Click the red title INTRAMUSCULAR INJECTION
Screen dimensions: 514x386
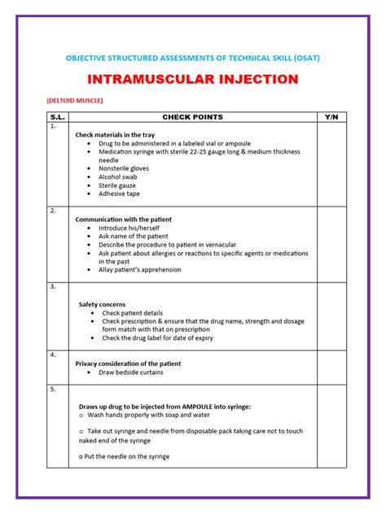click(192, 80)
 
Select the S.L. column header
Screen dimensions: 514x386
click(57, 118)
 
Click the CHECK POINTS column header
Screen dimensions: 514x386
click(192, 118)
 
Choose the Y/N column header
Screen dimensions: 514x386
click(330, 118)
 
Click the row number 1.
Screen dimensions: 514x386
click(53, 127)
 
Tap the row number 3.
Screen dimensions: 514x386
click(53, 287)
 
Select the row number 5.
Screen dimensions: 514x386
click(53, 390)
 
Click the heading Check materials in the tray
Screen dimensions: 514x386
click(115, 134)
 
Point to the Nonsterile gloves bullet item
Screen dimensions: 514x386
click(125, 168)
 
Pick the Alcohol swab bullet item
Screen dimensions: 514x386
click(119, 176)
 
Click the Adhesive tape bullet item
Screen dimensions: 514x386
click(119, 194)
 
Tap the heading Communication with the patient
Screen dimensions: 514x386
click(124, 220)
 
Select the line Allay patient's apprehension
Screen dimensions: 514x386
click(140, 270)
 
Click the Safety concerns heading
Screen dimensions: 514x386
click(102, 304)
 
